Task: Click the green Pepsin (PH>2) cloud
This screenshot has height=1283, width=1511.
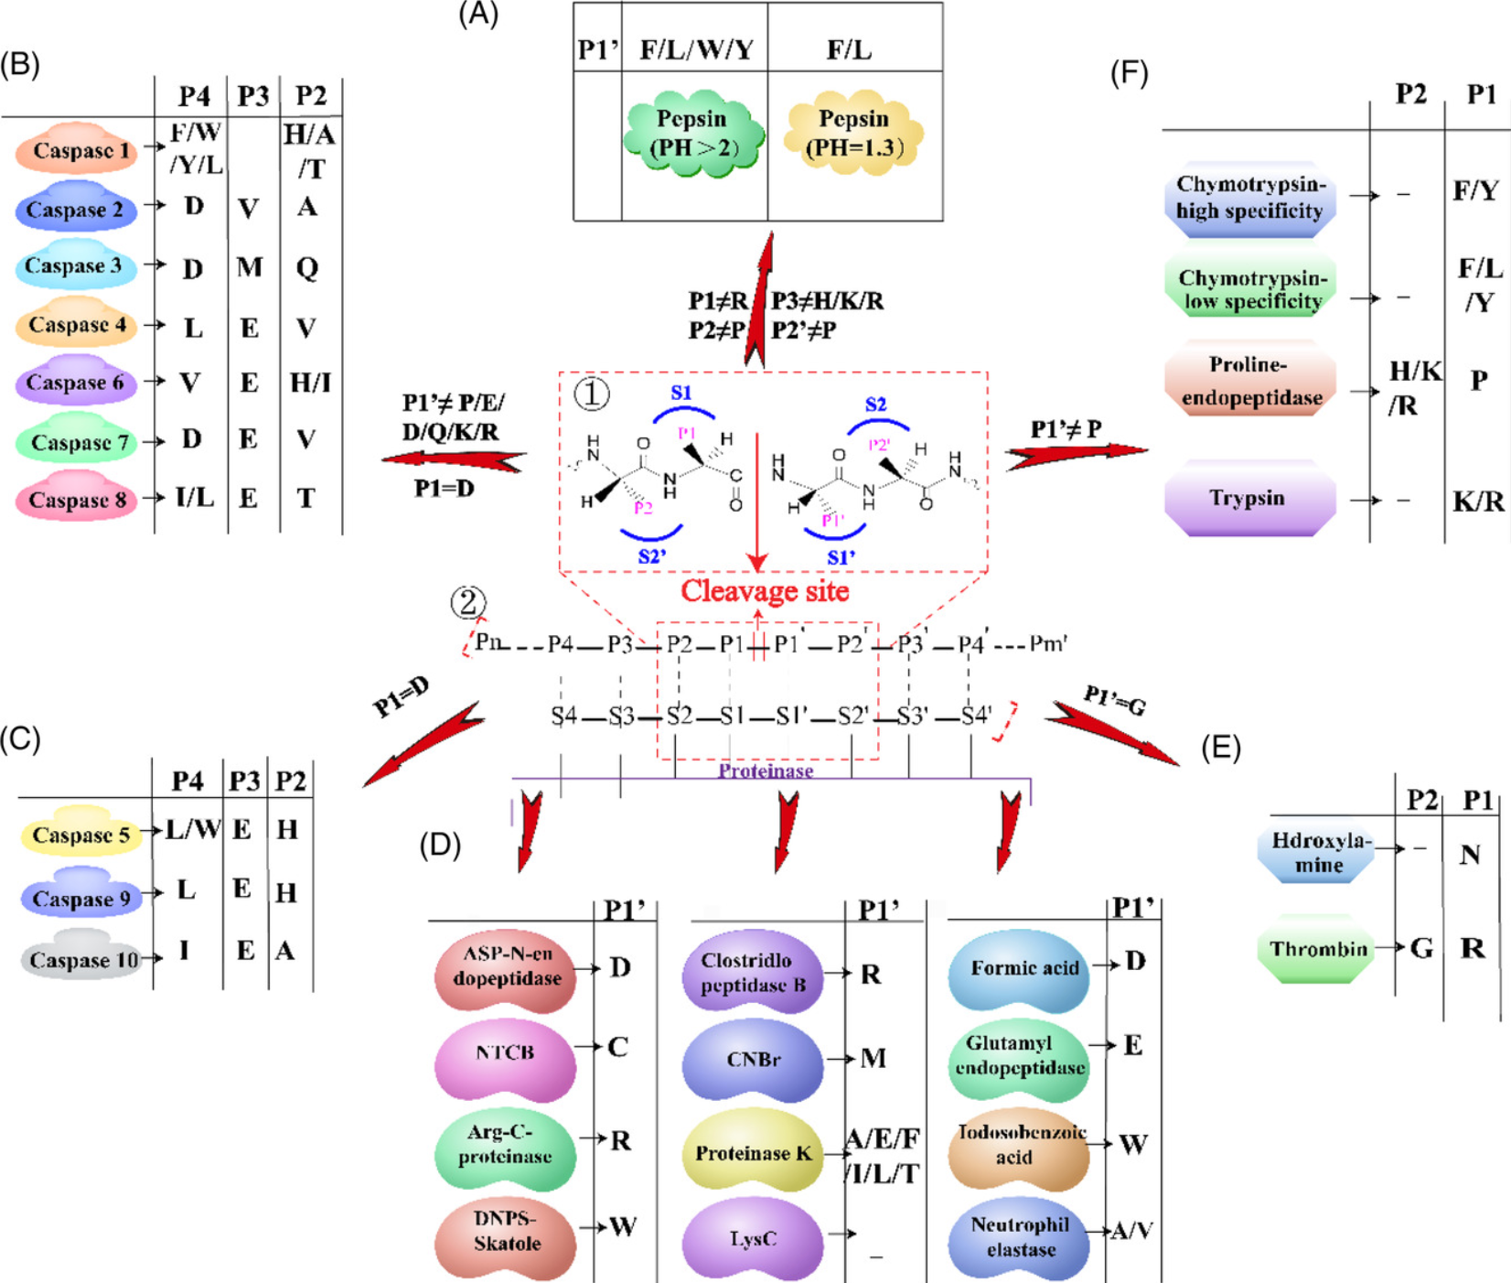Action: (x=693, y=134)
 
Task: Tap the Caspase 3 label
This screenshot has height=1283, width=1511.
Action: (x=75, y=266)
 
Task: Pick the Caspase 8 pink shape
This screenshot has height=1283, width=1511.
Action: (x=77, y=499)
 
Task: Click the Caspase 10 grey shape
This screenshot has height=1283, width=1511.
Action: (x=82, y=958)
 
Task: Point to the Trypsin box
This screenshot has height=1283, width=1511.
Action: (x=1248, y=499)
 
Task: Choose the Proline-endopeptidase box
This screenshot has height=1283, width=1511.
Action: (x=1250, y=381)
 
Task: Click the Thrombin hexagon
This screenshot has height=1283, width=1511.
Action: (x=1318, y=949)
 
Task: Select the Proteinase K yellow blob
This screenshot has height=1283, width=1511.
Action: (x=753, y=1152)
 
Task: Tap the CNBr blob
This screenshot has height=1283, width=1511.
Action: (x=753, y=1060)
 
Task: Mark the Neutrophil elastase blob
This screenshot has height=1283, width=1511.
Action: (x=1019, y=1237)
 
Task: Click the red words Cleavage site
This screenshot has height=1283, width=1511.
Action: (x=765, y=591)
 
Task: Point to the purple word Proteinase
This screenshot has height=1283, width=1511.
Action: (x=766, y=771)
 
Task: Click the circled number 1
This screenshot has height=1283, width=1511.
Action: (x=591, y=394)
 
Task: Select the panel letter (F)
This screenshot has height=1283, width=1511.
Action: (x=1129, y=72)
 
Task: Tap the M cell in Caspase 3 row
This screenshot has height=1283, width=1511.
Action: (x=249, y=267)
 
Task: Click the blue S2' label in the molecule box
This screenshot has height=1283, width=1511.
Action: (x=651, y=555)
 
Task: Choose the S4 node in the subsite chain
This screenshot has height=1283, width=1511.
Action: (x=563, y=717)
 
